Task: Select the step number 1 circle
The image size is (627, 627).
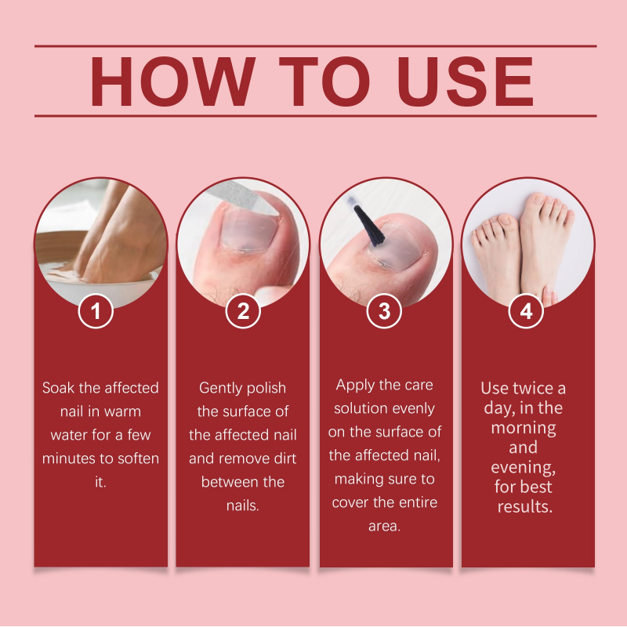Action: click(x=96, y=311)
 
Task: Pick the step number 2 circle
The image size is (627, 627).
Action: click(x=242, y=311)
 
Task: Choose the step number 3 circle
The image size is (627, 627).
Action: click(x=385, y=311)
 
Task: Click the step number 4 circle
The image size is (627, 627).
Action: click(x=526, y=311)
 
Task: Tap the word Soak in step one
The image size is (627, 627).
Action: click(x=60, y=388)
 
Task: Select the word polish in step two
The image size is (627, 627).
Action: click(x=265, y=388)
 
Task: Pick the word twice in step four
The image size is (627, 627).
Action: click(x=533, y=389)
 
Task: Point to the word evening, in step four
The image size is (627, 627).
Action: click(x=523, y=467)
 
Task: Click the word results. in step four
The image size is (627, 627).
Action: click(x=524, y=506)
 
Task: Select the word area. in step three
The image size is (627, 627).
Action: click(x=384, y=526)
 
